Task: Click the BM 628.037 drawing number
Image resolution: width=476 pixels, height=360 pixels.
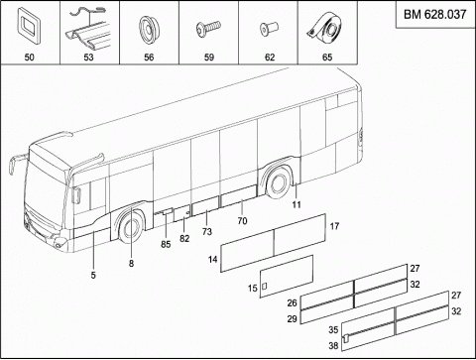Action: tap(434, 15)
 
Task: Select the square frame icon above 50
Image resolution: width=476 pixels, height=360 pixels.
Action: tap(29, 26)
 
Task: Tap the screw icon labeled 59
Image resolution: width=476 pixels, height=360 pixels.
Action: tap(208, 28)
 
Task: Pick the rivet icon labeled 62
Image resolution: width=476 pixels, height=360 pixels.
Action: tap(269, 29)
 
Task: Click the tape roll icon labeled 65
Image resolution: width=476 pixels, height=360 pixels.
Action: tap(325, 28)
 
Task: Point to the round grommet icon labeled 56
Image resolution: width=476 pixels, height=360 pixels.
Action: tap(149, 29)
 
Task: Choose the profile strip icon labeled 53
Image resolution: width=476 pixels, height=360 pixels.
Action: tap(89, 29)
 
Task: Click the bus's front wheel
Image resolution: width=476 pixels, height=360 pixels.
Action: tap(131, 228)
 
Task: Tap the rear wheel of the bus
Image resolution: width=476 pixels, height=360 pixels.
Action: tap(279, 183)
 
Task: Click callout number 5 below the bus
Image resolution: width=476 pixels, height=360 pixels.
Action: tap(93, 275)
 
